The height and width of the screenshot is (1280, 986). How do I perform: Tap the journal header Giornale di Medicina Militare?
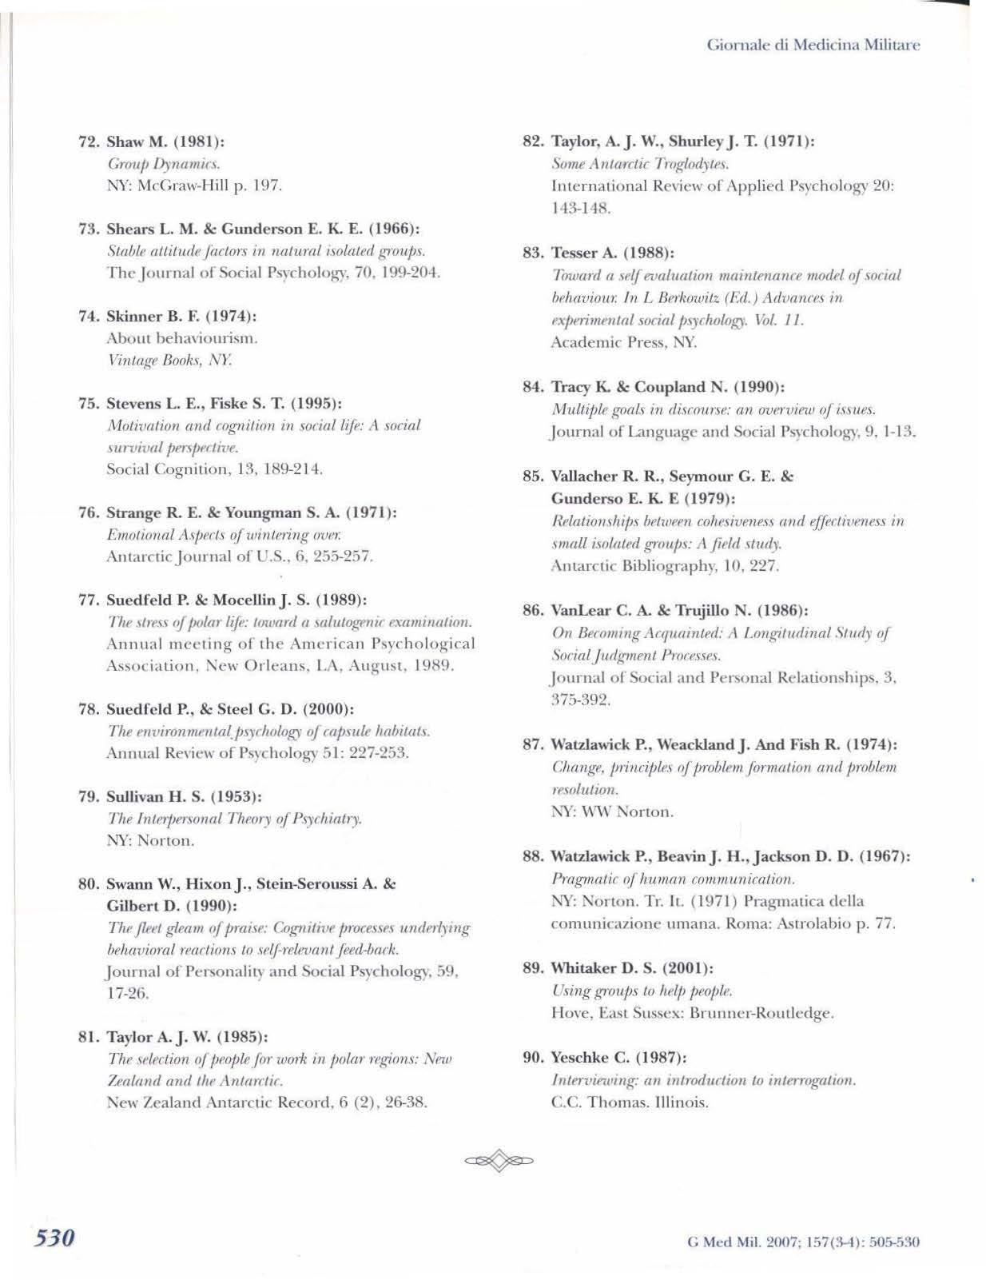click(x=813, y=45)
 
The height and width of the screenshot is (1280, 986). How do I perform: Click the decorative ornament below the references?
click(x=499, y=1160)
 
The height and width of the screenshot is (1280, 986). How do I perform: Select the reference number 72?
click(x=87, y=142)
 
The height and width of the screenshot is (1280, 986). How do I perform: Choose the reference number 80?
click(x=87, y=884)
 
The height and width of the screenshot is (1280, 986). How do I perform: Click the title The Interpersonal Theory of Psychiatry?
click(x=234, y=819)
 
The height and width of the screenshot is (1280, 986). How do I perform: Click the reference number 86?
click(x=533, y=611)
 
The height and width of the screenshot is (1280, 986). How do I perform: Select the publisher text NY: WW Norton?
click(x=612, y=811)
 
